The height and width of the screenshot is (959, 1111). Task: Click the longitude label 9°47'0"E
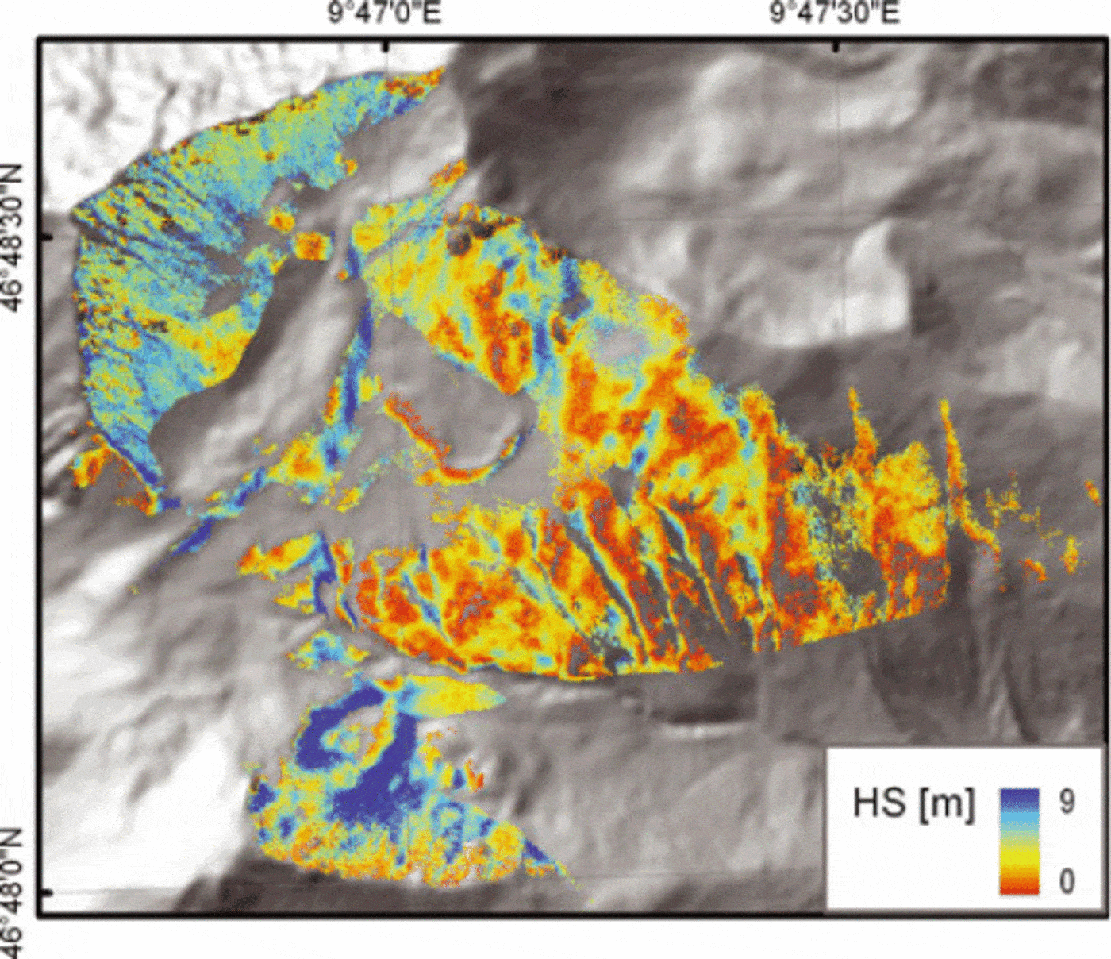385,14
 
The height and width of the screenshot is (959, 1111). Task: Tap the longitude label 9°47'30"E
835,14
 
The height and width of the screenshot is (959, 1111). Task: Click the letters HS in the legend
878,803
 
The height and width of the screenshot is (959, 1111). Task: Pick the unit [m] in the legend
948,803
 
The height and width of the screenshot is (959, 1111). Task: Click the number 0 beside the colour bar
1067,880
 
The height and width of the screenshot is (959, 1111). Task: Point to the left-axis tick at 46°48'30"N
45,237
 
